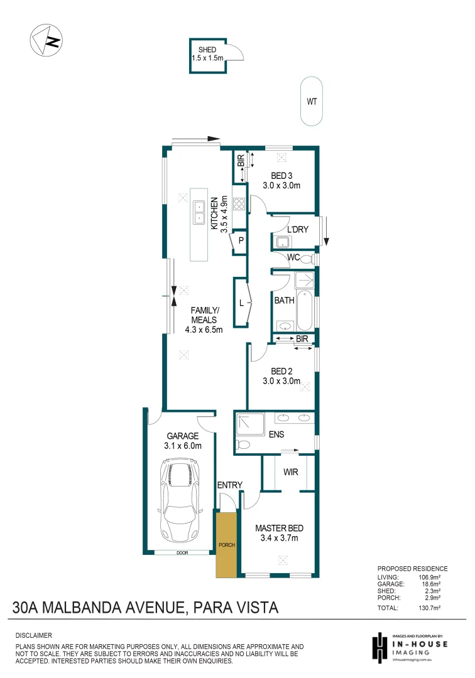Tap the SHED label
pos(207,50)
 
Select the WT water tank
pos(312,101)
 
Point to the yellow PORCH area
pos(226,544)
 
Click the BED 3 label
pos(281,175)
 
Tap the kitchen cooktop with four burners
pos(239,203)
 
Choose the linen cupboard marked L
pos(241,303)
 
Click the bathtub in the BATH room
pos(305,310)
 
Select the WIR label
pos(290,471)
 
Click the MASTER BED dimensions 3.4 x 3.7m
pos(280,538)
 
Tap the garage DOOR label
pos(182,553)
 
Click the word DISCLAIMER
pos(33,635)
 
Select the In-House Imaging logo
pos(408,647)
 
